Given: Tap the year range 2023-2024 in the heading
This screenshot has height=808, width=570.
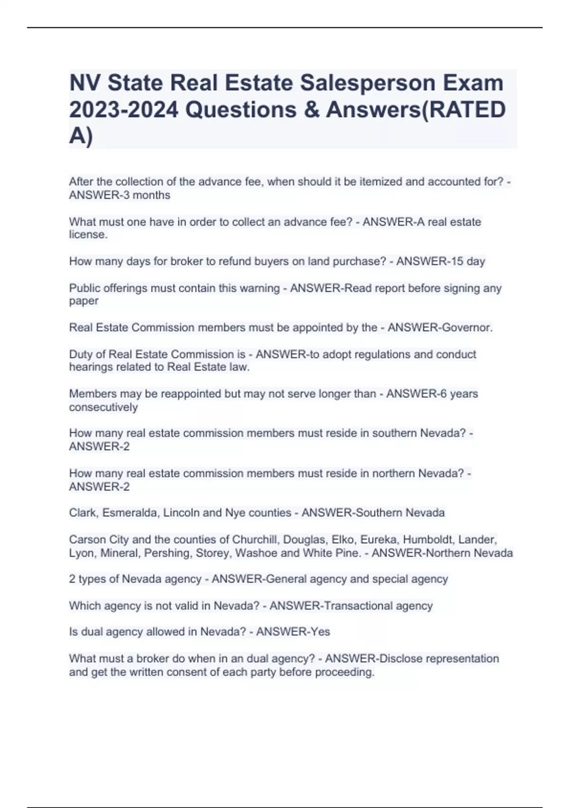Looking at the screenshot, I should tap(123, 110).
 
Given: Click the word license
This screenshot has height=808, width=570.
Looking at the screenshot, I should tap(88, 235).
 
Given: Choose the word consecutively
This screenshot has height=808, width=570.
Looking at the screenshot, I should tap(103, 407).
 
